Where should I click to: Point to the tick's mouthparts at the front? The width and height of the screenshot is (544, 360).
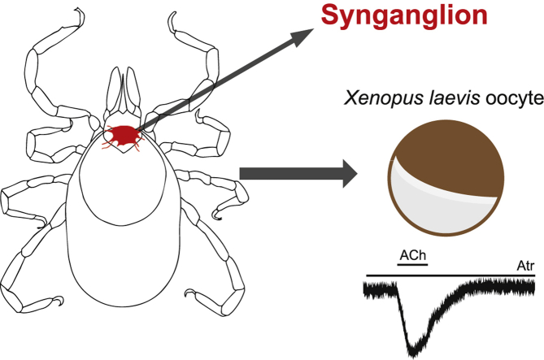(124, 93)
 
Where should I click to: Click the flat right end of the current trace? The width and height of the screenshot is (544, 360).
(529, 286)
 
